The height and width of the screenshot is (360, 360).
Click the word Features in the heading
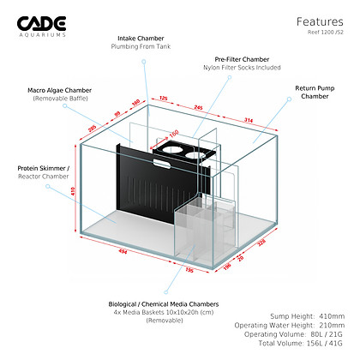(321, 21)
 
